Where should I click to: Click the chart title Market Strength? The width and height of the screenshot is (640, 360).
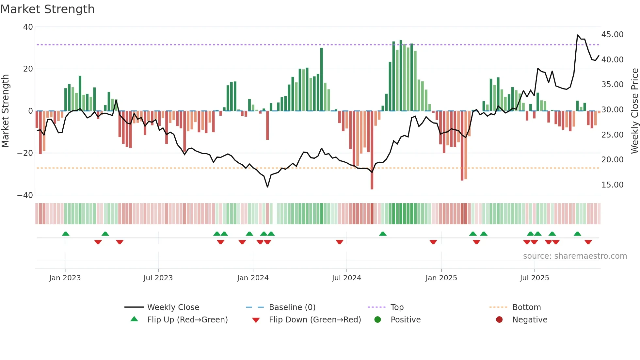coord(47,9)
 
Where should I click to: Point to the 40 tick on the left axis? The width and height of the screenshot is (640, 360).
coord(28,27)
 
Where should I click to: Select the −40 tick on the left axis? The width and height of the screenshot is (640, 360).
coord(25,195)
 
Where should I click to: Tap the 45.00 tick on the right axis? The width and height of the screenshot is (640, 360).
coord(612,35)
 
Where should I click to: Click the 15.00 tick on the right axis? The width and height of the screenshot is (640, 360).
coord(612,185)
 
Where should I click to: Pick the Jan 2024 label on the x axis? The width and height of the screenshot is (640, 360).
coord(253,278)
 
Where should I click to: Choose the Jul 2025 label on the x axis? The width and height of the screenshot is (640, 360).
coord(534,278)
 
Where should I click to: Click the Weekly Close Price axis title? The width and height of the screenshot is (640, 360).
coord(634,111)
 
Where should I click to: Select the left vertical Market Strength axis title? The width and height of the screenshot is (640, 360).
coord(5,111)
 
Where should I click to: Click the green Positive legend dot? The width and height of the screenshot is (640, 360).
coord(378,320)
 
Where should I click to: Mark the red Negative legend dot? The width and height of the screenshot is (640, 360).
coord(499,320)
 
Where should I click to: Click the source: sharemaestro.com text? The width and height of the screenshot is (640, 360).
coord(575,256)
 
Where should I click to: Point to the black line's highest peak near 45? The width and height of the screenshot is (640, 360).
coord(578,35)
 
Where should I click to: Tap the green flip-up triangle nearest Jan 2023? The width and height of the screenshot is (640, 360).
coord(66,234)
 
